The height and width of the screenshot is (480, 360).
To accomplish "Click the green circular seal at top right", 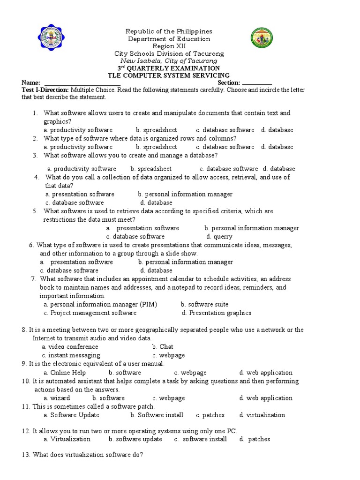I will click(260, 39).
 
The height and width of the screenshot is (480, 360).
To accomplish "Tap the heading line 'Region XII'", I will click(169, 46).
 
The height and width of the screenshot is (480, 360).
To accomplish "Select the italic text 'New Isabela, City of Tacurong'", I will click(169, 61).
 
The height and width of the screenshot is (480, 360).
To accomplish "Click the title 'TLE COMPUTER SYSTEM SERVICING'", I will click(169, 75).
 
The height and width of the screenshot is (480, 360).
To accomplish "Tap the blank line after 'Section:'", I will click(257, 83).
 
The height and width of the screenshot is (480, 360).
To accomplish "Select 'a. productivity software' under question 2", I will click(78, 147).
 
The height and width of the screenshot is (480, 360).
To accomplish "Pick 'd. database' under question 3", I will click(279, 169).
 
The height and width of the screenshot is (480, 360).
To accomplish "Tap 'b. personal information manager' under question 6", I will click(186, 262).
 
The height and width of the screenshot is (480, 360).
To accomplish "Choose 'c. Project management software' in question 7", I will click(90, 313).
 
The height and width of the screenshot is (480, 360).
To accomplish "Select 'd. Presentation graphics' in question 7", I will click(217, 313).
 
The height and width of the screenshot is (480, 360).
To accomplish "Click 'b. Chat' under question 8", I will click(163, 347).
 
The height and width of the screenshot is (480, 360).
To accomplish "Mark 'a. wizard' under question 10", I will click(57, 398).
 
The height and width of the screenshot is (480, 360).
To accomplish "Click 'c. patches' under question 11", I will click(210, 415).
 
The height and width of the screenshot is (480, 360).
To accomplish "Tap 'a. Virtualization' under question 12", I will click(67, 439).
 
